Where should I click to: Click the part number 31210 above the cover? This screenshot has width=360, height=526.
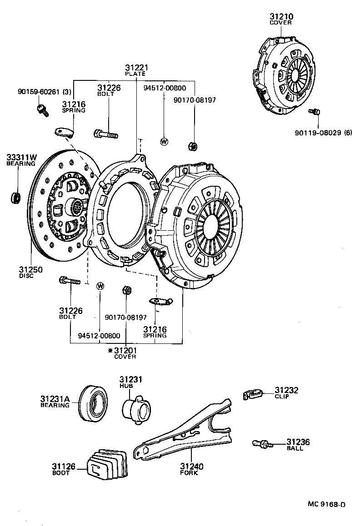click(281, 17)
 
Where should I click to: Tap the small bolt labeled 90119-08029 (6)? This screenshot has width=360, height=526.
click(314, 111)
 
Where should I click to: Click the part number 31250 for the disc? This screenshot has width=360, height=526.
click(31, 269)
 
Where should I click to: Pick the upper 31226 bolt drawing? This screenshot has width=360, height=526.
click(105, 134)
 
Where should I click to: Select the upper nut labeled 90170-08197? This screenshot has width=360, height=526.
click(192, 146)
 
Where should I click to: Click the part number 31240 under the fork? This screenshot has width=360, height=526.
click(192, 466)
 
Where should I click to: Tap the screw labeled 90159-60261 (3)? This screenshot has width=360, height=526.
click(43, 109)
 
